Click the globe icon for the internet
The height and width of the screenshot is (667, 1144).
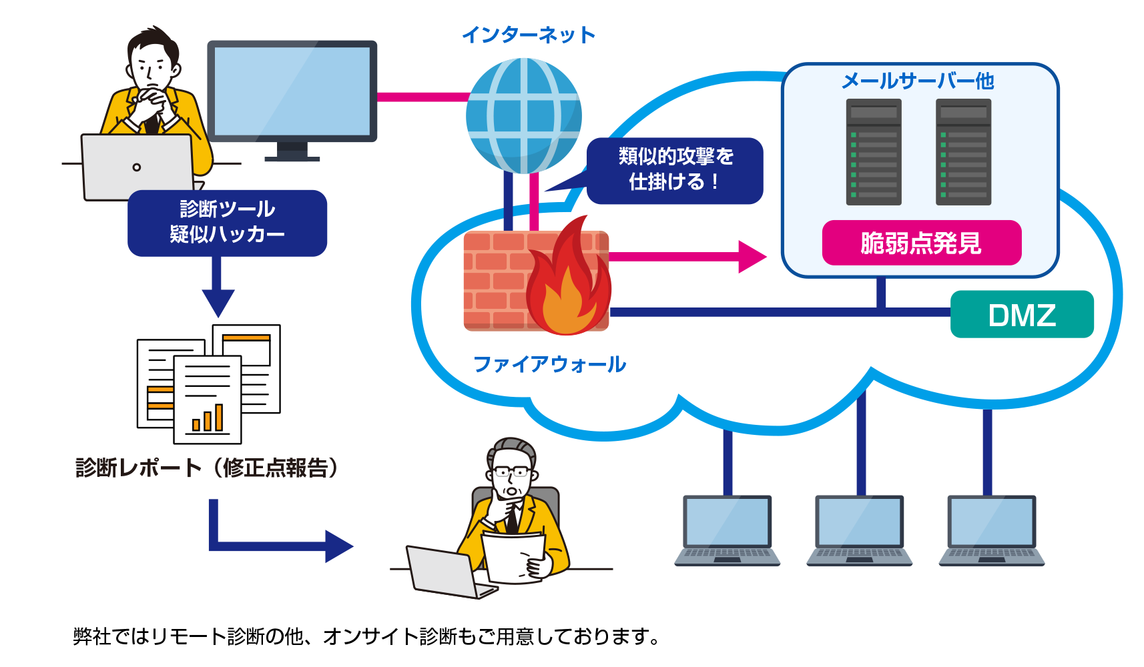pyautogui.click(x=524, y=115)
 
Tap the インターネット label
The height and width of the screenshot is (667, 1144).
pyautogui.click(x=529, y=35)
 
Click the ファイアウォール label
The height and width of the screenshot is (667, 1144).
pyautogui.click(x=549, y=364)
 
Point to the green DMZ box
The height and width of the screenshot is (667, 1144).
pyautogui.click(x=1021, y=315)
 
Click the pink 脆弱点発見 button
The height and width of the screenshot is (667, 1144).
pyautogui.click(x=921, y=243)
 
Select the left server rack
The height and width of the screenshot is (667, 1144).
pyautogui.click(x=874, y=152)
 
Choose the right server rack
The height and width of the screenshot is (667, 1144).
pyautogui.click(x=963, y=152)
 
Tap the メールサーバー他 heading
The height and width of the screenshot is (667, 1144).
pyautogui.click(x=918, y=81)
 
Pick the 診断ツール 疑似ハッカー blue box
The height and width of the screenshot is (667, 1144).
pyautogui.click(x=227, y=223)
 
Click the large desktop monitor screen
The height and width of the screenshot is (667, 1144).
pyautogui.click(x=292, y=91)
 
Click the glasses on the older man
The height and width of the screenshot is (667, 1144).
pyautogui.click(x=512, y=473)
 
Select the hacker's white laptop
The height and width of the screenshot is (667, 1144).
pyautogui.click(x=137, y=167)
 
